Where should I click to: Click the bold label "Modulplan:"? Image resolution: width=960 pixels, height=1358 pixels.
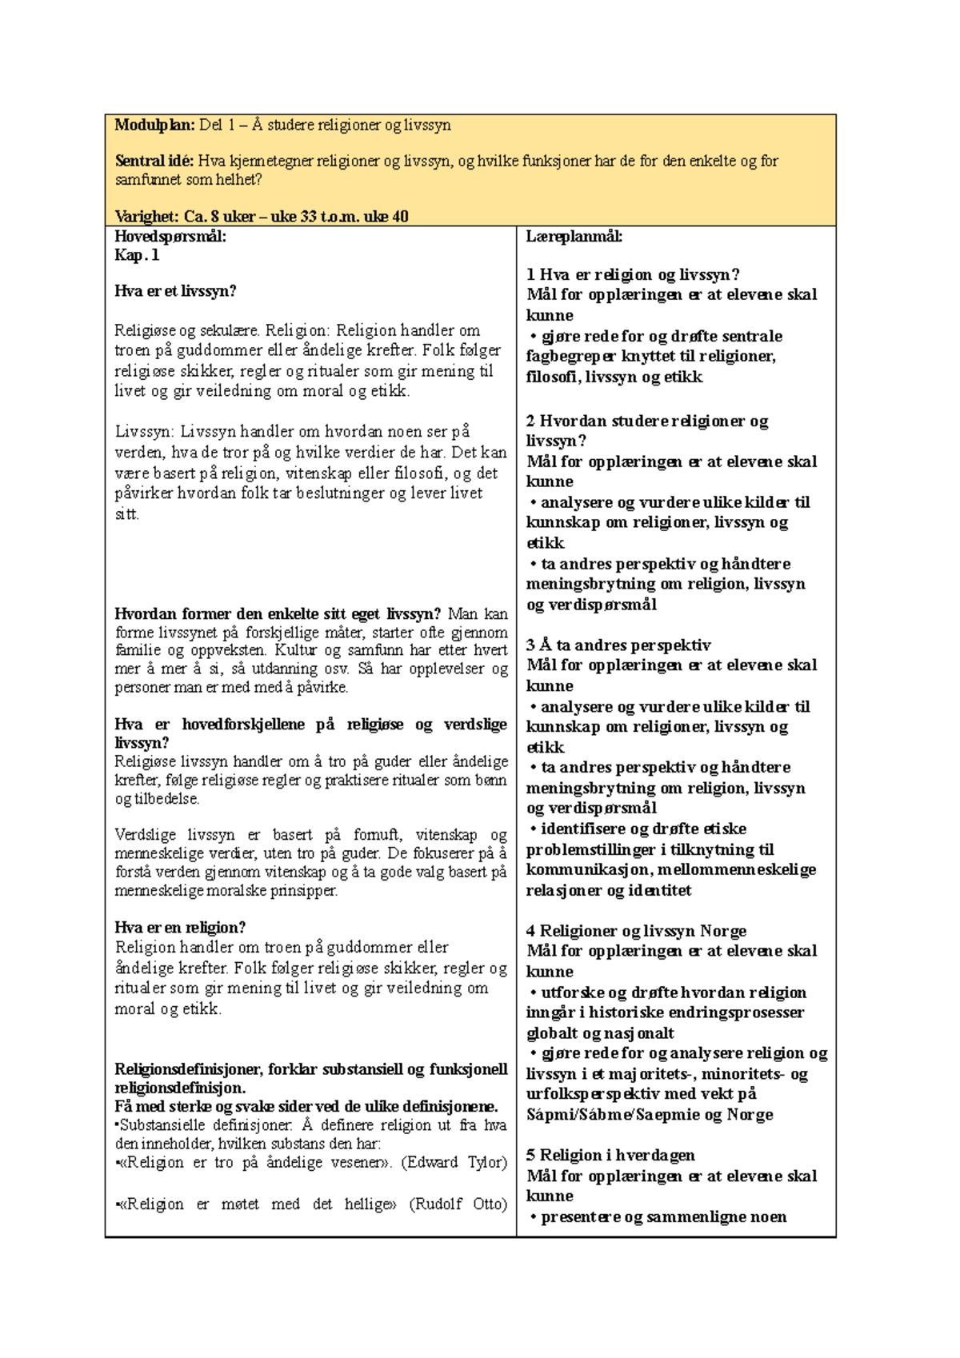tap(154, 125)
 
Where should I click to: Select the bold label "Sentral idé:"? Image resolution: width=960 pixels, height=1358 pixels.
tap(154, 161)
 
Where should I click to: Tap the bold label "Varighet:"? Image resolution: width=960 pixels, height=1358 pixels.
tap(146, 216)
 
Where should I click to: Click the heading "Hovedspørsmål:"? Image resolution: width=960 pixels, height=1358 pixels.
tap(170, 236)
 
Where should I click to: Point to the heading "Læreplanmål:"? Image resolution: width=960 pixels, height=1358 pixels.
tap(574, 236)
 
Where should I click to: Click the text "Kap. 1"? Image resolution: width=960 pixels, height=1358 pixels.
tap(137, 255)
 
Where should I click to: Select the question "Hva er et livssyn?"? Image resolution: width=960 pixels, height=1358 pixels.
tap(175, 291)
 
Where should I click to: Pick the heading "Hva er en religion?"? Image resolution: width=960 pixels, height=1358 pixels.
tap(180, 928)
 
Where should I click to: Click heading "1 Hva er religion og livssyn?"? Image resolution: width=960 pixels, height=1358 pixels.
tap(633, 274)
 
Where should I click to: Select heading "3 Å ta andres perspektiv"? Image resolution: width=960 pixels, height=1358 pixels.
tap(618, 645)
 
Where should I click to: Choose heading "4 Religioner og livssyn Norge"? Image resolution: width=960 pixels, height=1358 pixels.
tap(636, 930)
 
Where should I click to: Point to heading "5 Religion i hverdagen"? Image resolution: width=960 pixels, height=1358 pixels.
tap(610, 1155)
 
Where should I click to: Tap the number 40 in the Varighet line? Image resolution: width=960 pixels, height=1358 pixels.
tap(400, 216)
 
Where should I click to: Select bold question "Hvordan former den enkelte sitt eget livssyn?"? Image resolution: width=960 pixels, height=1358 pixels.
tap(278, 614)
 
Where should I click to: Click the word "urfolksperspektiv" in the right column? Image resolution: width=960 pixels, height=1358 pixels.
tap(588, 1093)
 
